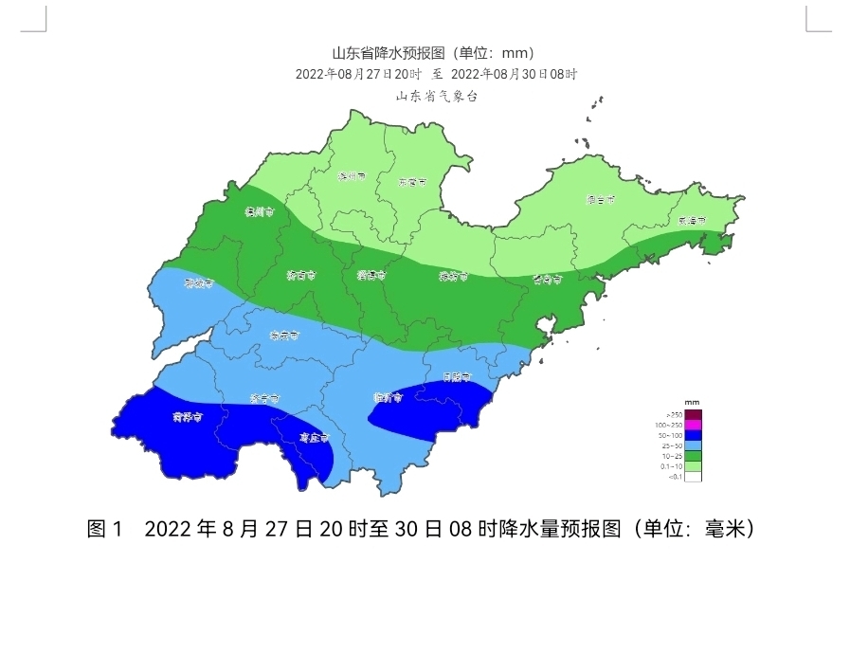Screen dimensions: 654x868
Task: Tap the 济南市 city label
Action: tap(301, 276)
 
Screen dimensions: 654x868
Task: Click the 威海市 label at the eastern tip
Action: tap(693, 220)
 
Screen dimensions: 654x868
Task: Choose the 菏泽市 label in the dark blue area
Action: tap(188, 416)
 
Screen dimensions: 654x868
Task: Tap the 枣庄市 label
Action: tap(314, 438)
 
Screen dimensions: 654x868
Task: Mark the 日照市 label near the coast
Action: tap(459, 376)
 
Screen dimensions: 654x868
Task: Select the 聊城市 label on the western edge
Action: tap(199, 282)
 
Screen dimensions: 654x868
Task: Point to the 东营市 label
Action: tap(412, 180)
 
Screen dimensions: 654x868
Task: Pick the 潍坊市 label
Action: tap(453, 277)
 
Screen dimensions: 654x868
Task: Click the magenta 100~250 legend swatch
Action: tap(693, 425)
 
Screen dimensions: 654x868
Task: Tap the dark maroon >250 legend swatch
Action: tap(693, 414)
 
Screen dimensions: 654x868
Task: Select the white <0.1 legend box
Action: tap(693, 477)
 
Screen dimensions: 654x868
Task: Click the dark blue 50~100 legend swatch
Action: tap(693, 435)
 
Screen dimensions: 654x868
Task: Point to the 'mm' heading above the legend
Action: tap(692, 403)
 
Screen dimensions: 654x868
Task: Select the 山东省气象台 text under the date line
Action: tap(436, 96)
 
